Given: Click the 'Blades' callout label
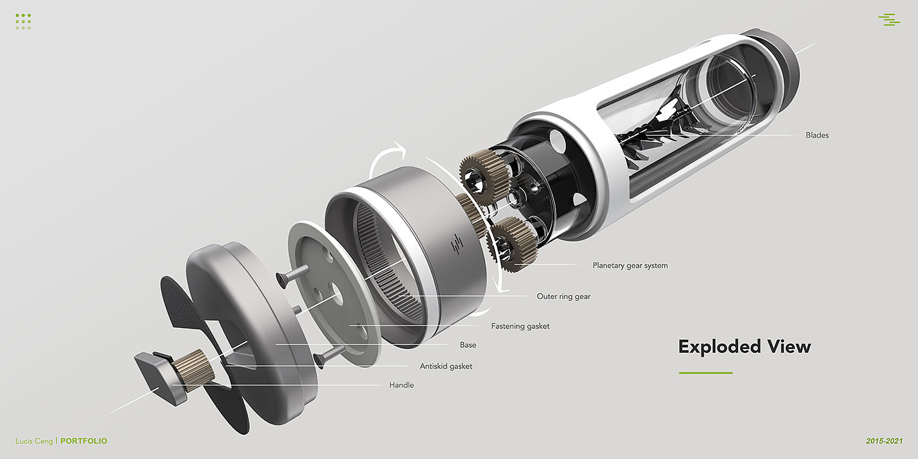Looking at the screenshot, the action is tap(817, 135).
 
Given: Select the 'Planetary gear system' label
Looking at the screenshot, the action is tap(630, 265).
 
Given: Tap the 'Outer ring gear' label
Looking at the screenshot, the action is tap(563, 296).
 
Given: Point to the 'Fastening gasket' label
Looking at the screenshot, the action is tap(520, 327).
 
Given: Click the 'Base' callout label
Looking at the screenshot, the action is tap(468, 345).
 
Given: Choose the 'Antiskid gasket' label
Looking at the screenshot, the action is tap(446, 367).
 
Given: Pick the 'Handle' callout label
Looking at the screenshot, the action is tap(401, 385).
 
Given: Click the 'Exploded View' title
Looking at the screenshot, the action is tap(744, 347).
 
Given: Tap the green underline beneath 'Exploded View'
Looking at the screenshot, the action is tap(706, 373).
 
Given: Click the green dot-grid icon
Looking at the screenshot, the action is tap(24, 21).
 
